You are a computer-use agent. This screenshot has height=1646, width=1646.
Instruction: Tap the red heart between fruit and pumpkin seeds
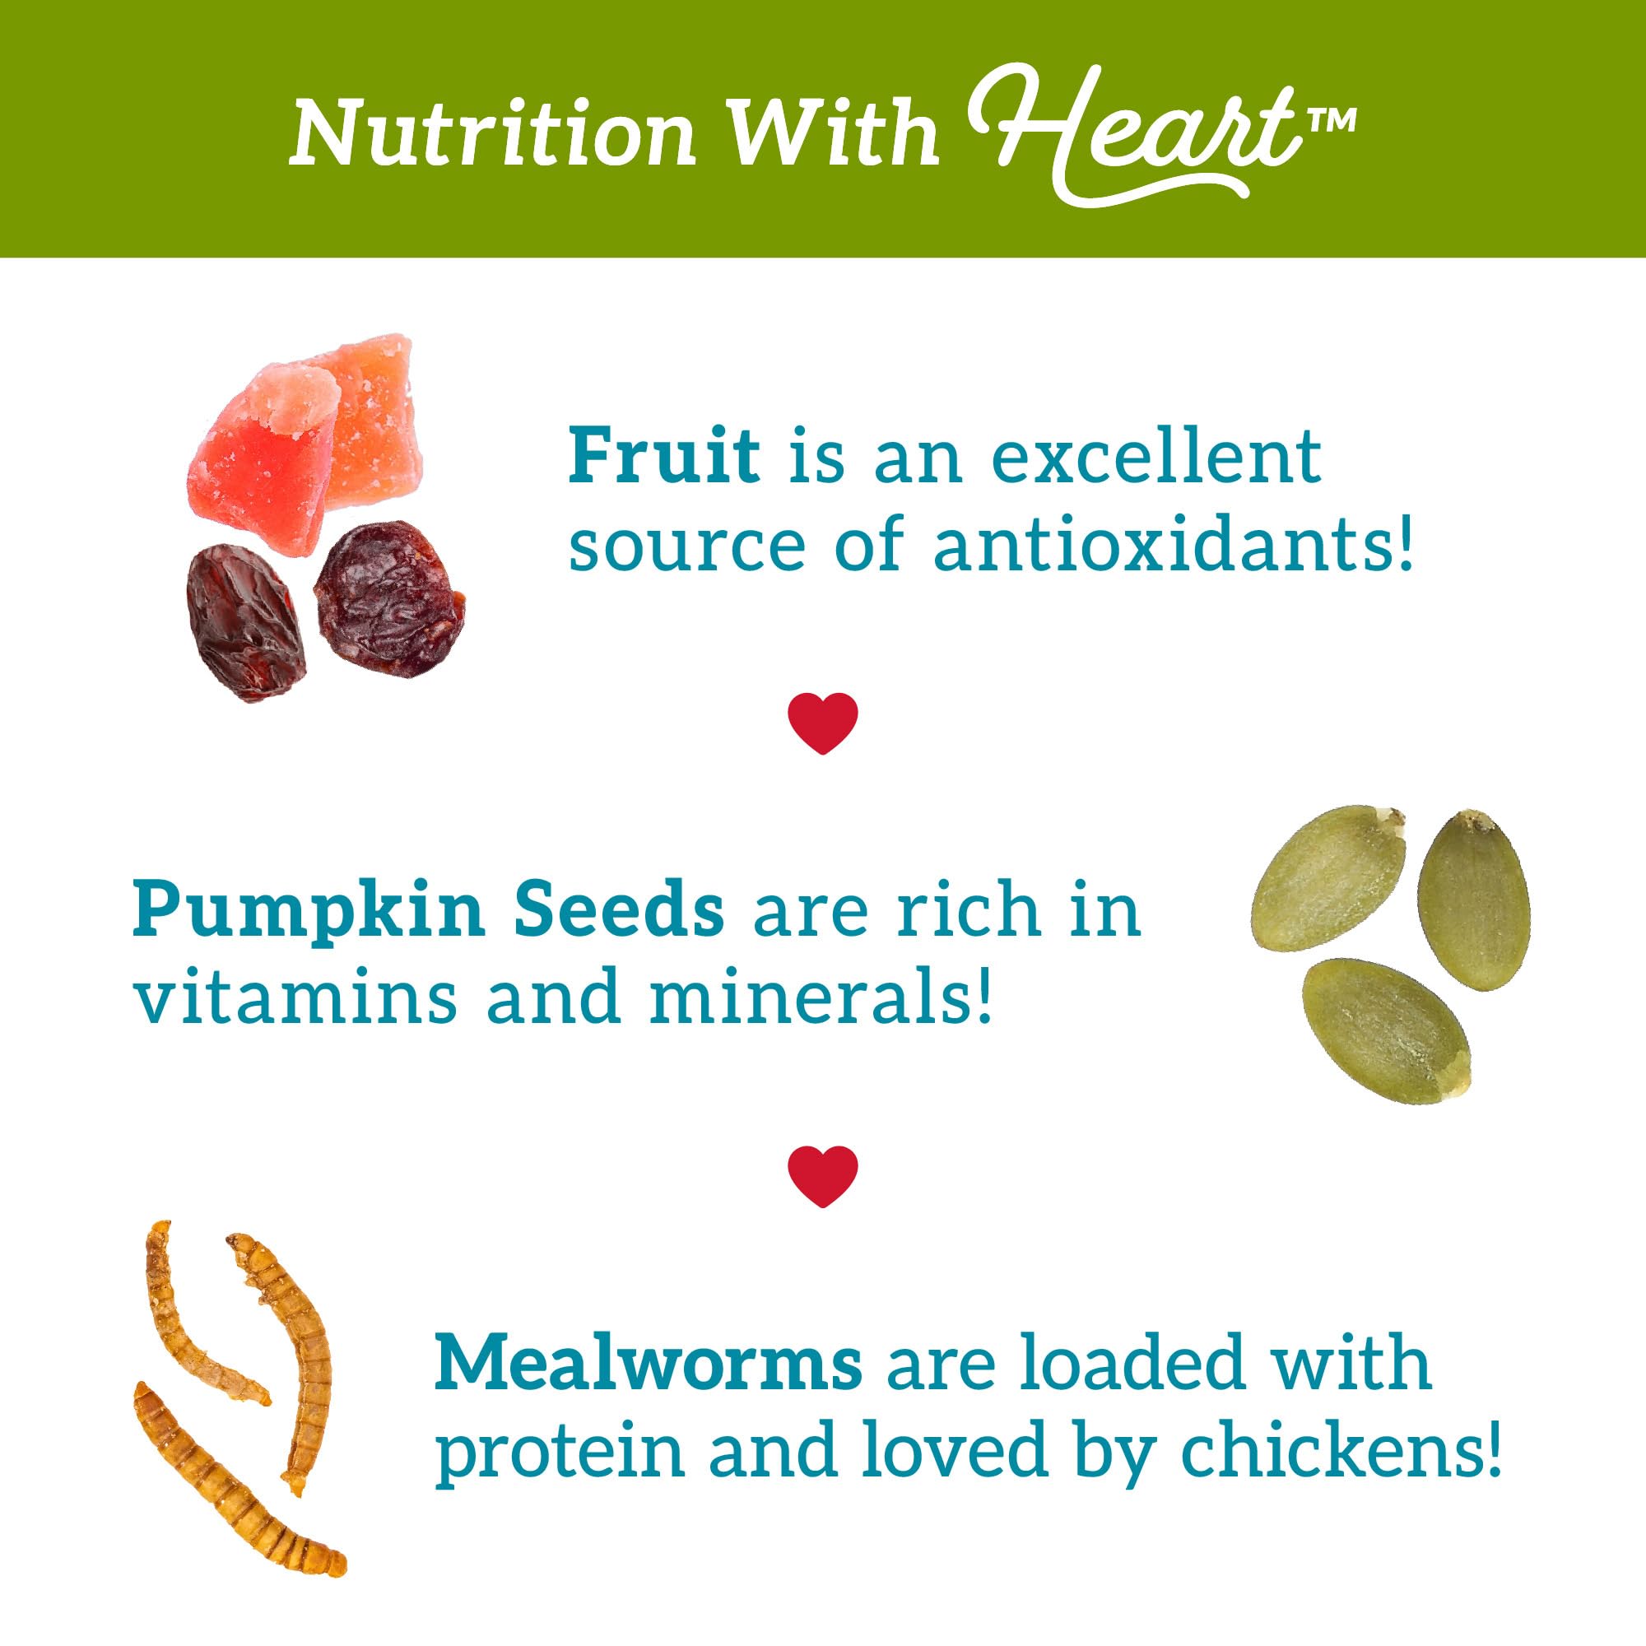pos(822,723)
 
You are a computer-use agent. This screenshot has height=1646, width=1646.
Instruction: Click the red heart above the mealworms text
pos(822,1175)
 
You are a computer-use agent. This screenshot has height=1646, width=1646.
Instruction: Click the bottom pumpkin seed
pos(1388,1032)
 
